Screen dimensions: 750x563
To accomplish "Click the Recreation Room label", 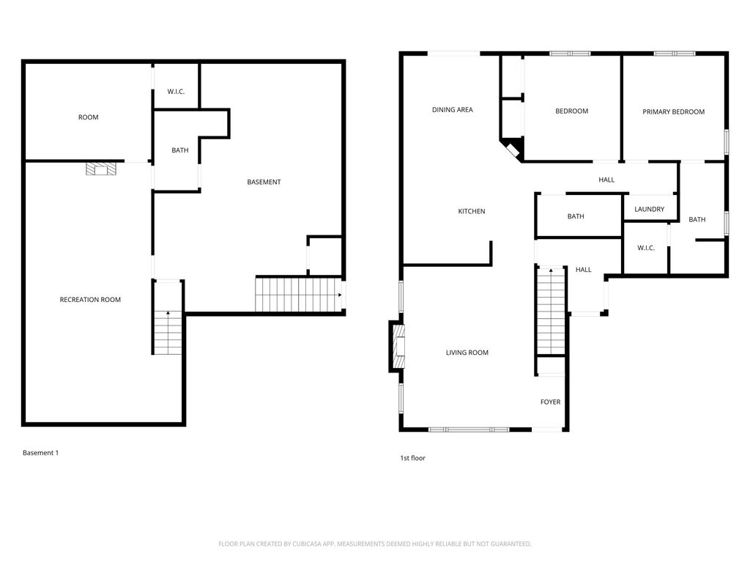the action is pos(90,300).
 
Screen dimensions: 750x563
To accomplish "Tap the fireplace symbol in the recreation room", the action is pos(101,169).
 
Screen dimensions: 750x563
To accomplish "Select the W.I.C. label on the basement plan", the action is pos(176,92).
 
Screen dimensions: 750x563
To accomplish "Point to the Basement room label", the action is pos(264,182).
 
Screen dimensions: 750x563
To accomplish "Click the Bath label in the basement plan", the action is pos(180,150).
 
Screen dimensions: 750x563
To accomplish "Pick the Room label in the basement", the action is pos(89,117).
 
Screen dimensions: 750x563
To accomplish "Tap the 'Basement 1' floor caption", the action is pos(41,453).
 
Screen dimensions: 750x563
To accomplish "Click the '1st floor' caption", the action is pos(413,458).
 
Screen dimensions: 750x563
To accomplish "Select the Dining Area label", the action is pos(453,110).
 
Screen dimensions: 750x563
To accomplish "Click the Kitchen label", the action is pos(472,211).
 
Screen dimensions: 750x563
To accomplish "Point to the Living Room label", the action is pos(467,353).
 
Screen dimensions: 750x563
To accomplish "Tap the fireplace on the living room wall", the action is pos(398,347).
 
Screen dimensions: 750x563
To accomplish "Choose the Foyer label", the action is pos(551,402).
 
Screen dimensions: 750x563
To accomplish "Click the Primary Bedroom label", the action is pos(674,112).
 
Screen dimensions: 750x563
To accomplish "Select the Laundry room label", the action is pos(650,209).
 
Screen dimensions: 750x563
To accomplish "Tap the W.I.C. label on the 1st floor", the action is pos(646,248).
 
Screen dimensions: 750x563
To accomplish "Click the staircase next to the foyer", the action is pos(552,311).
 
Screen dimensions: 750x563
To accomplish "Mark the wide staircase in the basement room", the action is pos(299,295).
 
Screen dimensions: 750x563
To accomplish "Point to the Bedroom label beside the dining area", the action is pos(571,111).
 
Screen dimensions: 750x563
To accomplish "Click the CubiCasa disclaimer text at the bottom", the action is pos(374,544).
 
